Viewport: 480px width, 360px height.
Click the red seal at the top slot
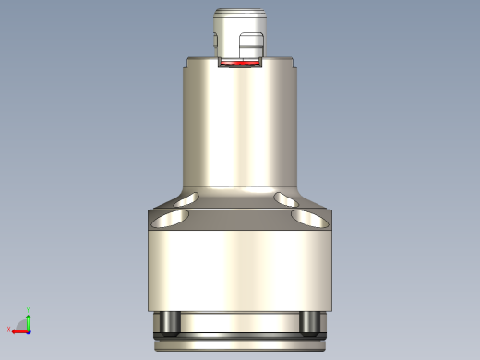pyautogui.click(x=239, y=65)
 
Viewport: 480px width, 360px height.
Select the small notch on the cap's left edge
pyautogui.click(x=215, y=40)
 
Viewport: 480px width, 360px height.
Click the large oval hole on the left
pyautogui.click(x=170, y=218)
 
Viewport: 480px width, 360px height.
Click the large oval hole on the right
pyautogui.click(x=309, y=218)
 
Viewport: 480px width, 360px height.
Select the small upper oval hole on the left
pyautogui.click(x=190, y=198)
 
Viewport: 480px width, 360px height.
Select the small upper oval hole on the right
pyautogui.click(x=287, y=198)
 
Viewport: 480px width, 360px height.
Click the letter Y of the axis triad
pyautogui.click(x=29, y=310)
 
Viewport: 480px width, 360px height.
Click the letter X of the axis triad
pyautogui.click(x=8, y=330)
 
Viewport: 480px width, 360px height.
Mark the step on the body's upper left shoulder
pyautogui.click(x=188, y=63)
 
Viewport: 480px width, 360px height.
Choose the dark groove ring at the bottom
pyautogui.click(x=239, y=334)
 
